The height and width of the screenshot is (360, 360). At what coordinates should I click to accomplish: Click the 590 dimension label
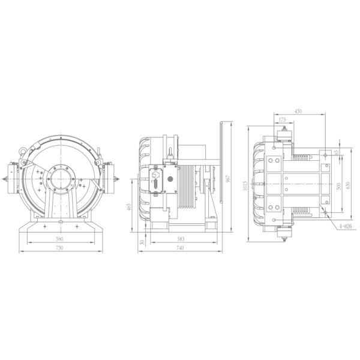click(59, 239)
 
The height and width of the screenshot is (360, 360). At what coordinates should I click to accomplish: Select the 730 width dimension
click(59, 248)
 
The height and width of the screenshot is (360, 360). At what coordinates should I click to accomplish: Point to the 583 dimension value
click(181, 239)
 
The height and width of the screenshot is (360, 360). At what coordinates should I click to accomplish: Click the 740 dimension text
click(181, 248)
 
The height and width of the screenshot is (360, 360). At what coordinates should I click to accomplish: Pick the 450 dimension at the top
click(298, 110)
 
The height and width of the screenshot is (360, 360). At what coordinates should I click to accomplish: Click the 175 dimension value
click(283, 119)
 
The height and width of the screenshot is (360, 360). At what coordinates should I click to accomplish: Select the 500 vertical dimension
click(338, 186)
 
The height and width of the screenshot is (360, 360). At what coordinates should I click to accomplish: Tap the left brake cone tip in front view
click(7, 178)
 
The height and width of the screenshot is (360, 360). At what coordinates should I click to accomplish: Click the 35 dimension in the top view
click(337, 152)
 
